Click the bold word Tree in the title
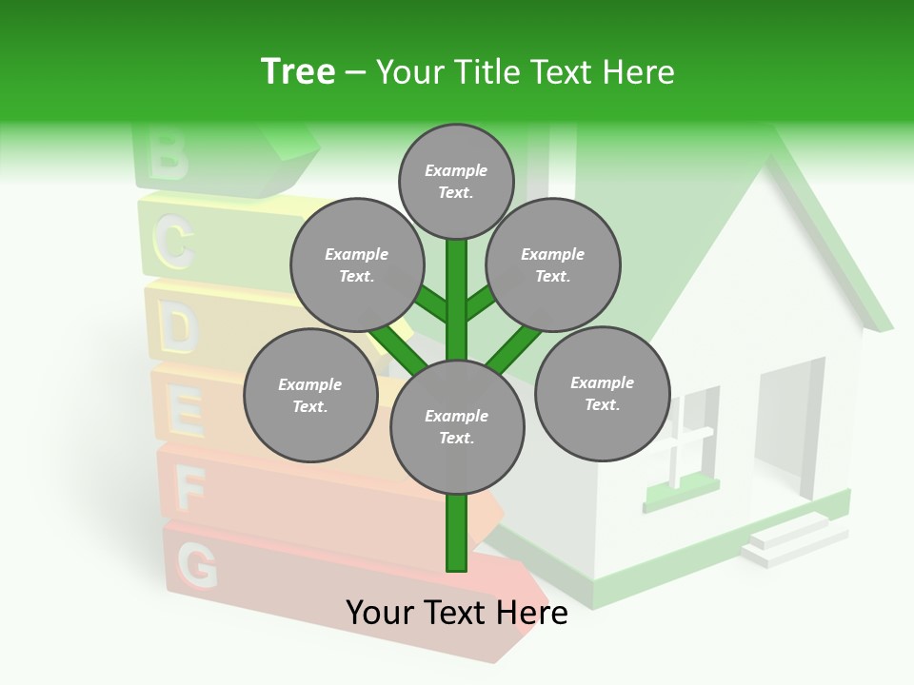[298, 72]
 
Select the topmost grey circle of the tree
[456, 181]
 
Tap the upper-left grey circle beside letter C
[356, 264]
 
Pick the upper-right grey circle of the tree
[553, 264]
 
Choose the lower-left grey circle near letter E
[310, 395]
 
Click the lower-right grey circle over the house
[602, 393]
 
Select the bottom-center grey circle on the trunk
[457, 426]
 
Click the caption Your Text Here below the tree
[457, 613]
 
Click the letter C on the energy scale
[174, 243]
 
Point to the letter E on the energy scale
[186, 412]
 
